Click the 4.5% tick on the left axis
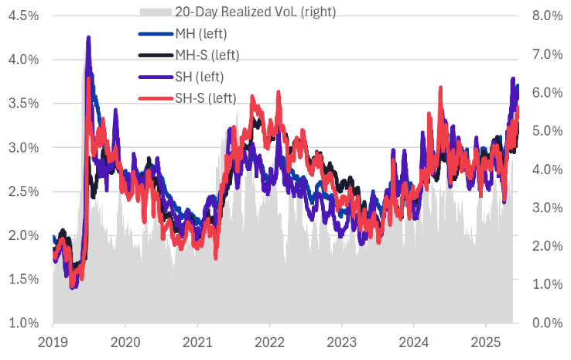coord(23,15)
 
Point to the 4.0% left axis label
coord(23,60)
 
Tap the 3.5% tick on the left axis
coord(23,104)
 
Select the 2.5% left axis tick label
coord(23,191)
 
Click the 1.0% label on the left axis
coord(23,323)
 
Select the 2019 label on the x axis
coord(53,341)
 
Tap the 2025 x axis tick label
coord(485,341)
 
